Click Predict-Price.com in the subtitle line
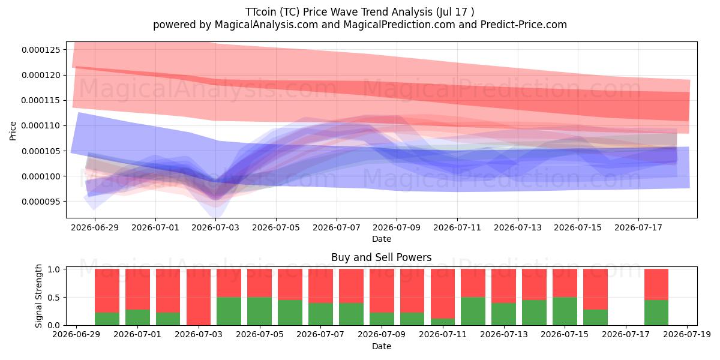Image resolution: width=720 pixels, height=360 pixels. pos(524,25)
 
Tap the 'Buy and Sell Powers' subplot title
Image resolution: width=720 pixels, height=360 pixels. pos(381,257)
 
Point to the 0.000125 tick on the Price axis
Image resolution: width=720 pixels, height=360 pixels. pos(41,50)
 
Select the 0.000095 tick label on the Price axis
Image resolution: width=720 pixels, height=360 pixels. pos(41,202)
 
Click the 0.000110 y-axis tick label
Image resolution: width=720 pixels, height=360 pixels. pos(41,125)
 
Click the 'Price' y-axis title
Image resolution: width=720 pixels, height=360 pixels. pos(13,131)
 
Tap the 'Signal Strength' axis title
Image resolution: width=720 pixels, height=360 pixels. pos(38,296)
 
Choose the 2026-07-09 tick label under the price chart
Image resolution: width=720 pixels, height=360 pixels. pos(397,227)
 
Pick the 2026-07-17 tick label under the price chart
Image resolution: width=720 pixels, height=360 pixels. pos(638,227)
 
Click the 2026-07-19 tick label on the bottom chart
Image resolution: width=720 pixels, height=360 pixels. pos(687,334)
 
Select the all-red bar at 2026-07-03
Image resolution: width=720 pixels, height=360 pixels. pos(199,297)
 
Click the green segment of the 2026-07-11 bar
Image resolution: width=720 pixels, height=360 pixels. pos(443,322)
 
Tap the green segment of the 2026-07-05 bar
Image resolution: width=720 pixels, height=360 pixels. pos(259,311)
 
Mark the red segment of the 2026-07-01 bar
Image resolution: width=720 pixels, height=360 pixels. pos(137,289)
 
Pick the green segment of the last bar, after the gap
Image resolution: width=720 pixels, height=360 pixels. pos(656,313)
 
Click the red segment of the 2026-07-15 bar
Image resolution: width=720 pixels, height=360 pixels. pos(565,283)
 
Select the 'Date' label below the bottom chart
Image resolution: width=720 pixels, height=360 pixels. pos(381,346)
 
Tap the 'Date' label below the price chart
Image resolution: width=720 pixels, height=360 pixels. pos(381,239)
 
